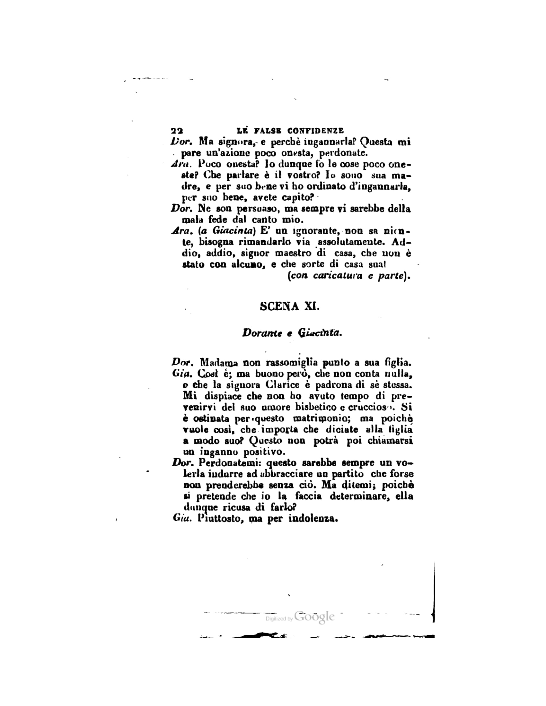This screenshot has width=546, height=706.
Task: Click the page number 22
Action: point(177,131)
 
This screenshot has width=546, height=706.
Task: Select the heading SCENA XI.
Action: point(289,306)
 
